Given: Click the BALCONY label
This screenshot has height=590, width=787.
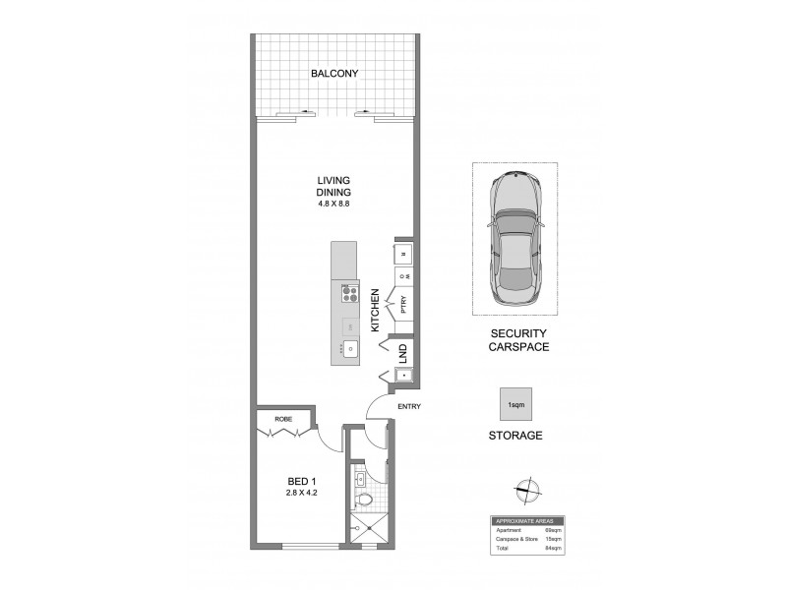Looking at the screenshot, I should coord(333,74).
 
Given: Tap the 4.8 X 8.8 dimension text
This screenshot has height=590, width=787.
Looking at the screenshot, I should coord(333,204).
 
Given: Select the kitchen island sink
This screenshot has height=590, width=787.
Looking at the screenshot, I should coord(349,347).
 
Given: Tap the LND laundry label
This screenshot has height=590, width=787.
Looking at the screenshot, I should coord(403,350).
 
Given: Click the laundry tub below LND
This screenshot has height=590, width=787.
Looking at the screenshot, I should coord(403,374).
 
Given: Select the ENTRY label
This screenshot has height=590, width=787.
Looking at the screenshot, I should coord(409,406).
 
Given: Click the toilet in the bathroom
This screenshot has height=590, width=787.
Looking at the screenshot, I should coord(365,501).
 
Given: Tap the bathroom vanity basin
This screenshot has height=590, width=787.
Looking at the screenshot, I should coord(362,479).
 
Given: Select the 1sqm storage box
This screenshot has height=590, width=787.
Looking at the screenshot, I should coord(514,405).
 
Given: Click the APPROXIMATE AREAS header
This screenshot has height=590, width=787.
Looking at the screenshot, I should coord(527,520).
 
